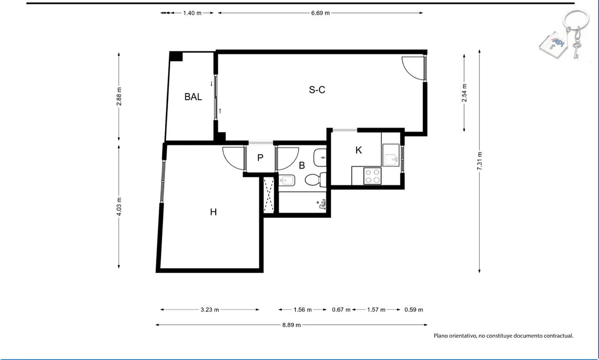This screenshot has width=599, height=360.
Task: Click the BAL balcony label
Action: (x=193, y=97)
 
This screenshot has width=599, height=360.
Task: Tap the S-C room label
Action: (x=317, y=90)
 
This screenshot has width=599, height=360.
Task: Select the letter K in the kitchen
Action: (x=359, y=150)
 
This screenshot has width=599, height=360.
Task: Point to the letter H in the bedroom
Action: (x=213, y=212)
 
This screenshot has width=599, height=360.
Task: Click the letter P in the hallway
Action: (x=260, y=158)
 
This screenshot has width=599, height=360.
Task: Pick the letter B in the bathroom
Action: (x=302, y=166)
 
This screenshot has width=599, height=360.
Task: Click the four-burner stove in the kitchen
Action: (x=372, y=176)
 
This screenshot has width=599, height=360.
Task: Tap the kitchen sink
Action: (x=391, y=155)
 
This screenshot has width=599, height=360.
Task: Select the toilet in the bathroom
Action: (x=316, y=180)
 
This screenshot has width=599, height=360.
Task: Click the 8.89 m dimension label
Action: (x=291, y=325)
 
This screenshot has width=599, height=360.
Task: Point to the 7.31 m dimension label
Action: (x=480, y=161)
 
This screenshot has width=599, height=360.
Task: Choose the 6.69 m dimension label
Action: (x=320, y=13)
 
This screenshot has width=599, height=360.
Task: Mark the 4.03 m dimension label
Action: (x=119, y=207)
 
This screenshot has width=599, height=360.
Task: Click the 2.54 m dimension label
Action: (x=464, y=93)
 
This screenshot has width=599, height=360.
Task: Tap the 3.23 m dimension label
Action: (x=209, y=310)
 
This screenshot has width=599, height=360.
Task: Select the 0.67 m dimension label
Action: (x=341, y=310)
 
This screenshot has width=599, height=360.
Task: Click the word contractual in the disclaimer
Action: (x=559, y=335)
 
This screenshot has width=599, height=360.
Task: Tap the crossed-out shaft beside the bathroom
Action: (x=269, y=195)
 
